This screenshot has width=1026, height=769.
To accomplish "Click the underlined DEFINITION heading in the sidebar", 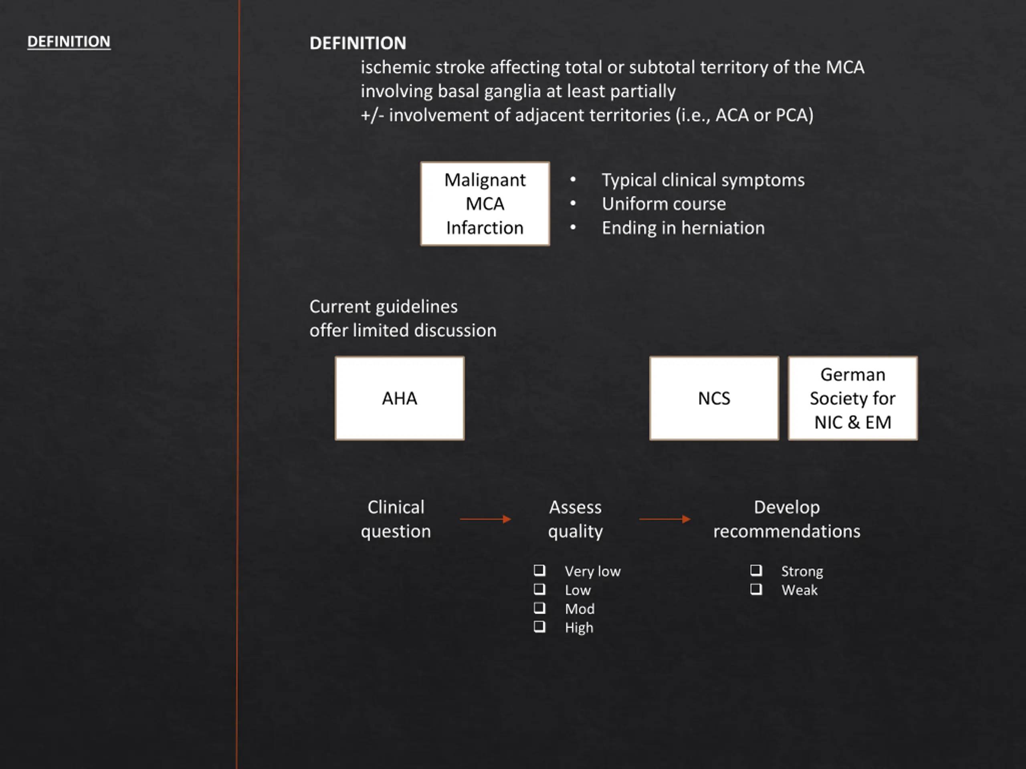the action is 69,42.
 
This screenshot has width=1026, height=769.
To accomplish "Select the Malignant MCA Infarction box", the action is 485,203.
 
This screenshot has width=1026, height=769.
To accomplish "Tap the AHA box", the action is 399,398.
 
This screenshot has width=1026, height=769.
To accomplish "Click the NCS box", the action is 714,398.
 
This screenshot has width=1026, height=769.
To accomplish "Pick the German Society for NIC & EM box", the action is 852,398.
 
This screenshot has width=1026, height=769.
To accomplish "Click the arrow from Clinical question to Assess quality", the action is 485,519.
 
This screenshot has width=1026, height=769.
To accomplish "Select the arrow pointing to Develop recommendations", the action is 664,519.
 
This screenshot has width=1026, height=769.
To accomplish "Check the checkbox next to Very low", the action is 539,570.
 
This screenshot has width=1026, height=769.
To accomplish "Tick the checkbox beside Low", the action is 539,589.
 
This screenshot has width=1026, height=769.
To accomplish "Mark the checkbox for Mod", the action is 539,608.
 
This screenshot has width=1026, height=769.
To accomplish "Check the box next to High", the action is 539,627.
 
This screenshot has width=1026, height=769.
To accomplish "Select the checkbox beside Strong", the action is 756,570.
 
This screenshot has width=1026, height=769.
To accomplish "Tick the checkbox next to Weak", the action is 756,589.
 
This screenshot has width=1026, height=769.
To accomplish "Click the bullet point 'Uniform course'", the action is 664,204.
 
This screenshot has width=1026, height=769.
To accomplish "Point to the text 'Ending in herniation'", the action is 683,228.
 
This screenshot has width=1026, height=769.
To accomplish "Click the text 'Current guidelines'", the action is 383,306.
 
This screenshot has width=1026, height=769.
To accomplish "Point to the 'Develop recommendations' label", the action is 787,519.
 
